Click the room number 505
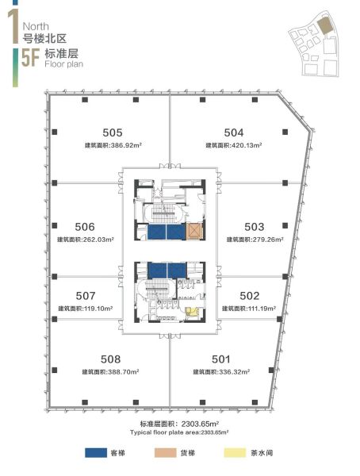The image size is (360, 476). (x=113, y=132)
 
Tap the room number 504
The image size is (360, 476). (x=234, y=132)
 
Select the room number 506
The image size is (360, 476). (x=85, y=227)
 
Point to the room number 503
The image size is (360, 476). (x=254, y=227)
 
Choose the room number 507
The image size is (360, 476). (x=86, y=296)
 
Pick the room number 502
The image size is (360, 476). (x=250, y=296)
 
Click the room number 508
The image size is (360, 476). (x=110, y=359)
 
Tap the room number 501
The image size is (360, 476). (x=220, y=359)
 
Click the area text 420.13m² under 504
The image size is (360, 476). (x=247, y=145)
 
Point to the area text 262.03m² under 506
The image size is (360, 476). (x=98, y=240)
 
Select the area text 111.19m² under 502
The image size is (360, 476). (x=262, y=308)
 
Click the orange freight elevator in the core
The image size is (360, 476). (x=193, y=232)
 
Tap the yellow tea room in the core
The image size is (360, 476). (x=192, y=312)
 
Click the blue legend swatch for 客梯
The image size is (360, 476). (x=96, y=453)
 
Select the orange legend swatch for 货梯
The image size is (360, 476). (x=166, y=453)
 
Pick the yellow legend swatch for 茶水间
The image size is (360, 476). (x=236, y=453)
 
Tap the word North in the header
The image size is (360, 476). (x=36, y=26)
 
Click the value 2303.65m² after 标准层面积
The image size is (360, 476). (x=201, y=424)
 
